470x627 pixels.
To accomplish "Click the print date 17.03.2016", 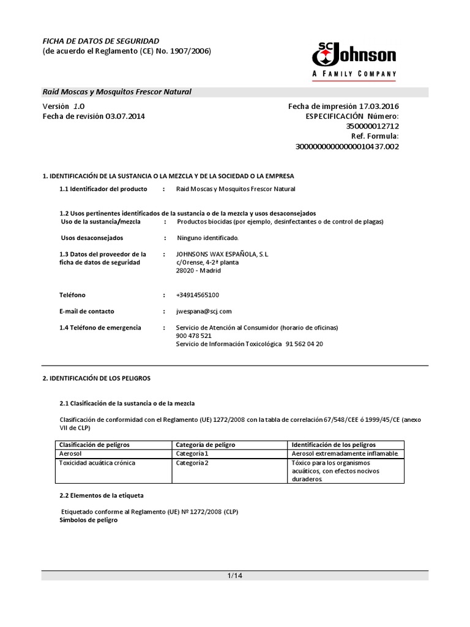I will [x=379, y=107].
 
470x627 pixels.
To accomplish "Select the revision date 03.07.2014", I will [x=125, y=116].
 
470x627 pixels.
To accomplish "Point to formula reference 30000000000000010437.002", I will [x=347, y=147].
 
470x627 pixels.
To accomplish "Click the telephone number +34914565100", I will [x=197, y=295].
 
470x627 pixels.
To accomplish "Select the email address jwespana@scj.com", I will [x=204, y=311].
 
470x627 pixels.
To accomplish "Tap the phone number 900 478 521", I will [x=193, y=336].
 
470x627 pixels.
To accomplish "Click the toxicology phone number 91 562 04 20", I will [x=304, y=344].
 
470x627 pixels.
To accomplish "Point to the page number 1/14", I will [x=235, y=576].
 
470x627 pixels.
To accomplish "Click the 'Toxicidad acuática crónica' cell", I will [x=97, y=463].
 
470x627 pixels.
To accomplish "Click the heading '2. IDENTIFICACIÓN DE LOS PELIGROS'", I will [x=96, y=379].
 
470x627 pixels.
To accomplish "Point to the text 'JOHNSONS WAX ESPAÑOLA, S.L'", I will [x=222, y=253].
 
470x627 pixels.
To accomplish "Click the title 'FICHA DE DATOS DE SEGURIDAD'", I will [x=100, y=40].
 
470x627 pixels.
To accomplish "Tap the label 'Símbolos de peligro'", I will [x=88, y=520].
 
